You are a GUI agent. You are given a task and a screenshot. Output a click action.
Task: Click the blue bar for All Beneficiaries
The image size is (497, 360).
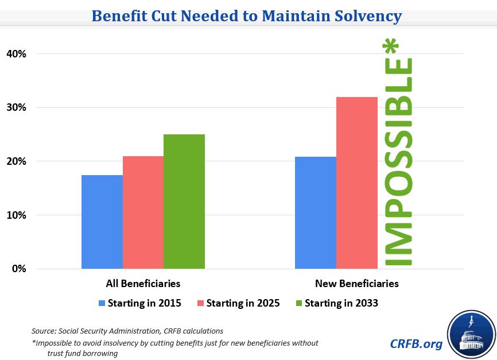102,222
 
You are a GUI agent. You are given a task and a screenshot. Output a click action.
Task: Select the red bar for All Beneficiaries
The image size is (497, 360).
143,212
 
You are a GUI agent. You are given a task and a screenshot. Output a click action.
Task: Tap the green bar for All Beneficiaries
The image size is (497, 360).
184,202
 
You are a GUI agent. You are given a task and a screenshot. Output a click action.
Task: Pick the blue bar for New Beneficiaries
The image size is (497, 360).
316,213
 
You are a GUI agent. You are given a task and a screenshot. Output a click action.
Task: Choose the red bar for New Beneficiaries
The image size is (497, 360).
357,183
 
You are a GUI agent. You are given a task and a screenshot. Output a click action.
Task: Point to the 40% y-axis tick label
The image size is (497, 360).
17,54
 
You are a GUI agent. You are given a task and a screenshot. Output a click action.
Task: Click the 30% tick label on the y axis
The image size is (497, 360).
17,108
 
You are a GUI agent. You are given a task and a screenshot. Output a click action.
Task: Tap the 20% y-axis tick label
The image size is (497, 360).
17,161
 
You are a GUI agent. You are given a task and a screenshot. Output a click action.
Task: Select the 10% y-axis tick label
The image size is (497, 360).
17,215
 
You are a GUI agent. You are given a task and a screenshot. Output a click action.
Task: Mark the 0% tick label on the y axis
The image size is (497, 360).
19,269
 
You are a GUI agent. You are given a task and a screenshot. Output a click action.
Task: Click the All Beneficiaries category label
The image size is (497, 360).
143,284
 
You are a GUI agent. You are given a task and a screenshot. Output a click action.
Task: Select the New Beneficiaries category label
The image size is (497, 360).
356,284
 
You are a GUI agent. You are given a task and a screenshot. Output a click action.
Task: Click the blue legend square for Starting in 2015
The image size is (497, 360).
103,303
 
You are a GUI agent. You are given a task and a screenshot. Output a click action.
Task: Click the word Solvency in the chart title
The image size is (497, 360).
361,16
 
